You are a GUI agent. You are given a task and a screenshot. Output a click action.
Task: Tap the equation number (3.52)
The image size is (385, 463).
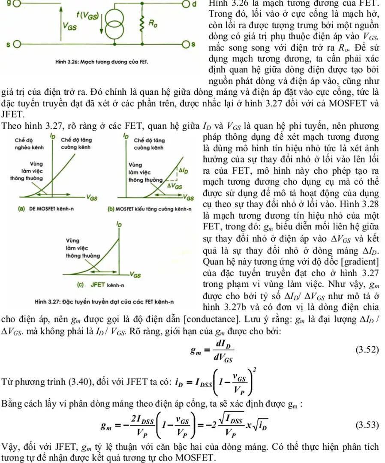click(367, 350)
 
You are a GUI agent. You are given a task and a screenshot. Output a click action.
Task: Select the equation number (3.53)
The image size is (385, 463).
click(367, 425)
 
